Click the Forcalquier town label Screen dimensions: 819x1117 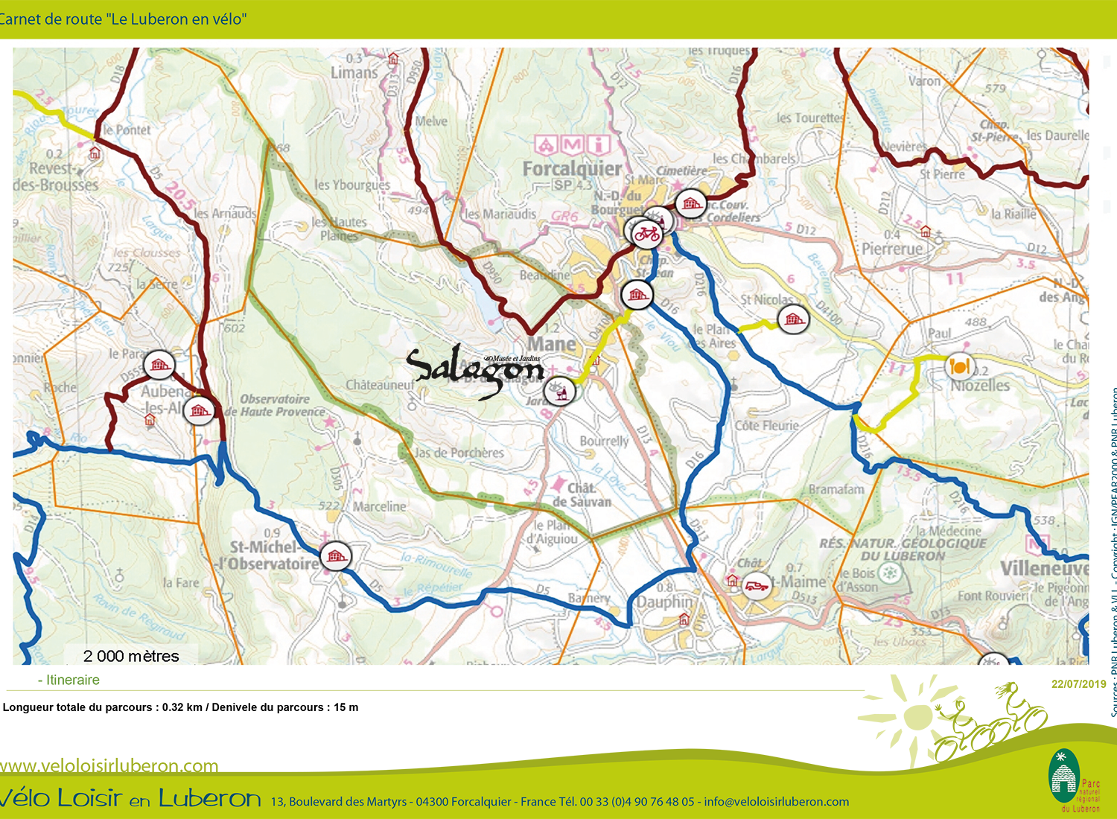point(571,169)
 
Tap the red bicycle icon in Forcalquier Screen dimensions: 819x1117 point(646,234)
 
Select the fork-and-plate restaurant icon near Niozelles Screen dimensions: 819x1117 point(959,366)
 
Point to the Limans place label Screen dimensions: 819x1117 point(354,73)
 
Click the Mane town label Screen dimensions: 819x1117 point(552,344)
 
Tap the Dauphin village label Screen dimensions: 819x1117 point(664,602)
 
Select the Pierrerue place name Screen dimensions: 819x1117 point(892,249)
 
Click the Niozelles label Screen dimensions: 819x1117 point(980,386)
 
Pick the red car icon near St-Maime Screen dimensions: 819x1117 point(757,586)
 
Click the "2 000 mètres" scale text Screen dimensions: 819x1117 point(131,656)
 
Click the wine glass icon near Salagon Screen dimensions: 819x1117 point(559,391)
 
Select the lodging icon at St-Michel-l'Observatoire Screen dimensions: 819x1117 point(336,556)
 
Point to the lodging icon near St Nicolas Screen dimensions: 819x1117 point(793,320)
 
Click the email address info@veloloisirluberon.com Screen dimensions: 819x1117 point(776,802)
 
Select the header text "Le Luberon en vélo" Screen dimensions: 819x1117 point(177,19)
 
